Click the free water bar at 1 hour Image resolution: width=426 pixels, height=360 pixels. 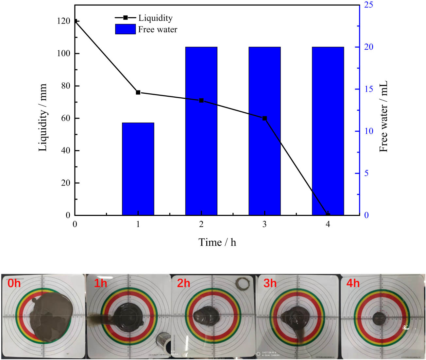coord(138,169)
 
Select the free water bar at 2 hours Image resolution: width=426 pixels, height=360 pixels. coord(201,131)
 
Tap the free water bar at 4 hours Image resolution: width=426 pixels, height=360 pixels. coord(328,131)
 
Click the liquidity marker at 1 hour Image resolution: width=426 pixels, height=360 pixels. coord(138,92)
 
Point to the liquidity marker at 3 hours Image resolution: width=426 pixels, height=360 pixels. coord(264,118)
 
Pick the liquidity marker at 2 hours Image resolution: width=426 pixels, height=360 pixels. coord(201,100)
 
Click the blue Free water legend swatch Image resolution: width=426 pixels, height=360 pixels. coord(125,29)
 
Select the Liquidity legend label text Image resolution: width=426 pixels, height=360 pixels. coord(155,18)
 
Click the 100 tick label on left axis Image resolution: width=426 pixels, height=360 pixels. coord(63,53)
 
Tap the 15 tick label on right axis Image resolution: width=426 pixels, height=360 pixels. coord(368,89)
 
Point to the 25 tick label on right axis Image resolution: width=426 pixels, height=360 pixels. coord(368,5)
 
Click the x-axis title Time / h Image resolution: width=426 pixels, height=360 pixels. coord(217,242)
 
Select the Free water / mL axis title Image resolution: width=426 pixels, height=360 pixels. coord(383,116)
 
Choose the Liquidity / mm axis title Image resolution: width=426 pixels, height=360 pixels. coord(43,118)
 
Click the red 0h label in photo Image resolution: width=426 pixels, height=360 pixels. coord(14,283)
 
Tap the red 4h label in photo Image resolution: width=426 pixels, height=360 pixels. coord(353,283)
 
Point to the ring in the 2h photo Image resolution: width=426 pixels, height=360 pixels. coord(242,283)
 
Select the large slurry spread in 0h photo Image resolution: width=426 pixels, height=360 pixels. coord(49,315)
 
